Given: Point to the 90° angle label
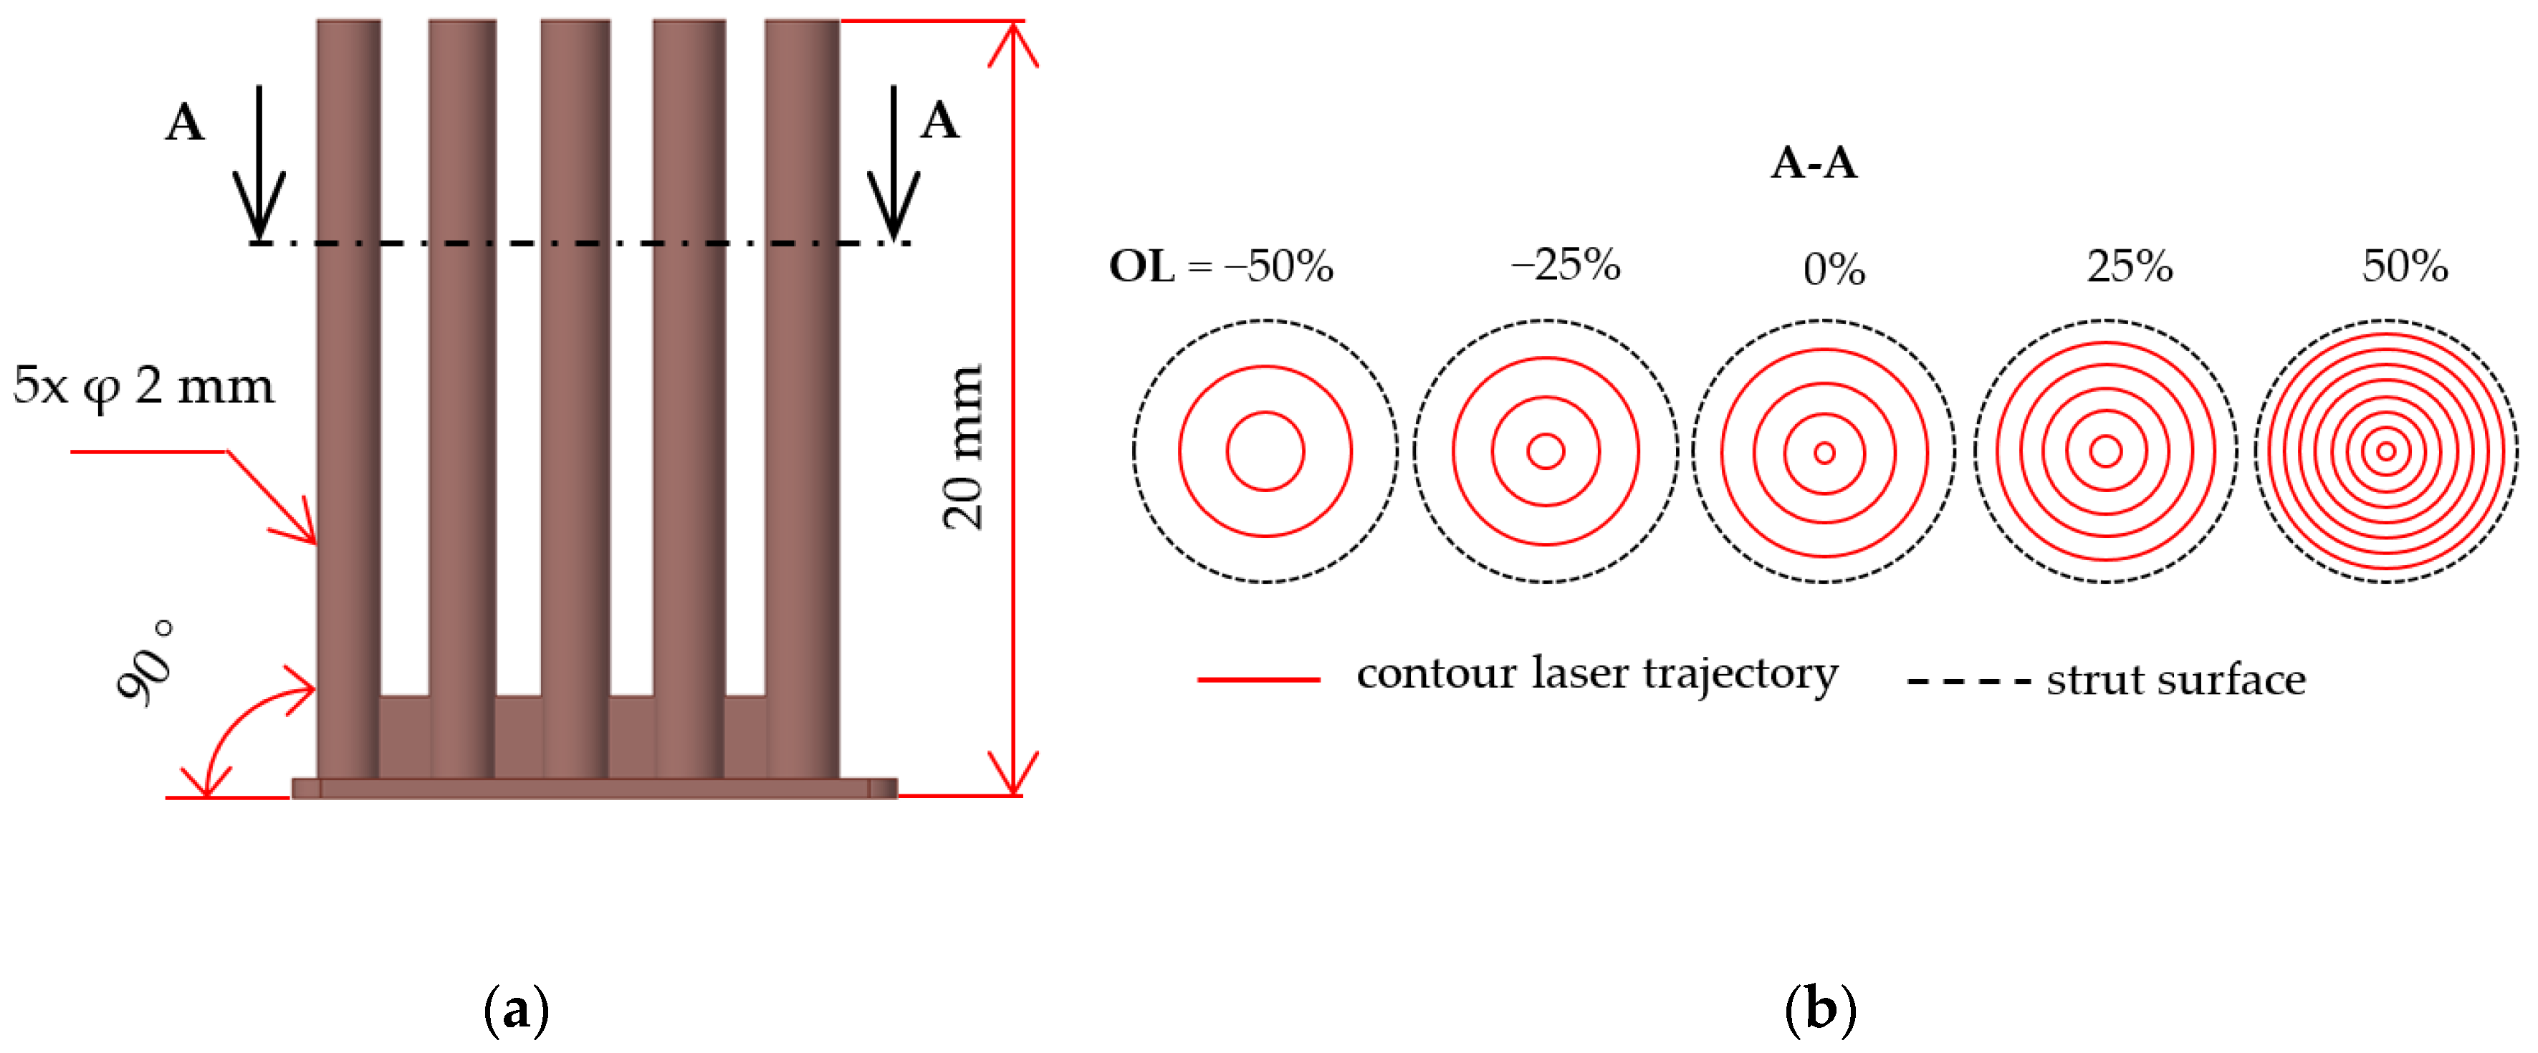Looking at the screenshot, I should pos(146,661).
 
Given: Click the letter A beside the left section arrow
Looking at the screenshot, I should pos(185,123).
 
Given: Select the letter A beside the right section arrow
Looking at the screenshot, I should pos(939,121).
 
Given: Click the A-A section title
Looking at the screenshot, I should pos(1813,163).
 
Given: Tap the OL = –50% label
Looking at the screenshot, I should pos(1221,266).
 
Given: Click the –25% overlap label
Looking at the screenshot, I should pos(1566,264).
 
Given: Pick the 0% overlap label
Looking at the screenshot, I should pos(1834,269).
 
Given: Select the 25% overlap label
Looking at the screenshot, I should pos(2129,266).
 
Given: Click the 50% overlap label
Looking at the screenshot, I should pos(2405,266).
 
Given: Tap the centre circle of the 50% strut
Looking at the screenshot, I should pos(2385,451).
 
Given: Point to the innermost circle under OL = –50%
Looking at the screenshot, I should pos(1265,451).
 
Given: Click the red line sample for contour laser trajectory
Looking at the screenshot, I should pos(1258,678).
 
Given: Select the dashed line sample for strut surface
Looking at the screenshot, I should pos(1968,681).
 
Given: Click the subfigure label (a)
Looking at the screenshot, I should pos(516,1009).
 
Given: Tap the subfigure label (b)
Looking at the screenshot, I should pos(1820,1009).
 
